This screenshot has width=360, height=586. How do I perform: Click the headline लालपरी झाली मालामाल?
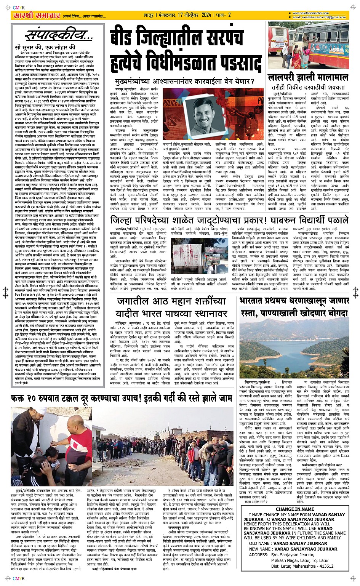308,78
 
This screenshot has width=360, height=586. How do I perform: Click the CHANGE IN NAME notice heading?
295,509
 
